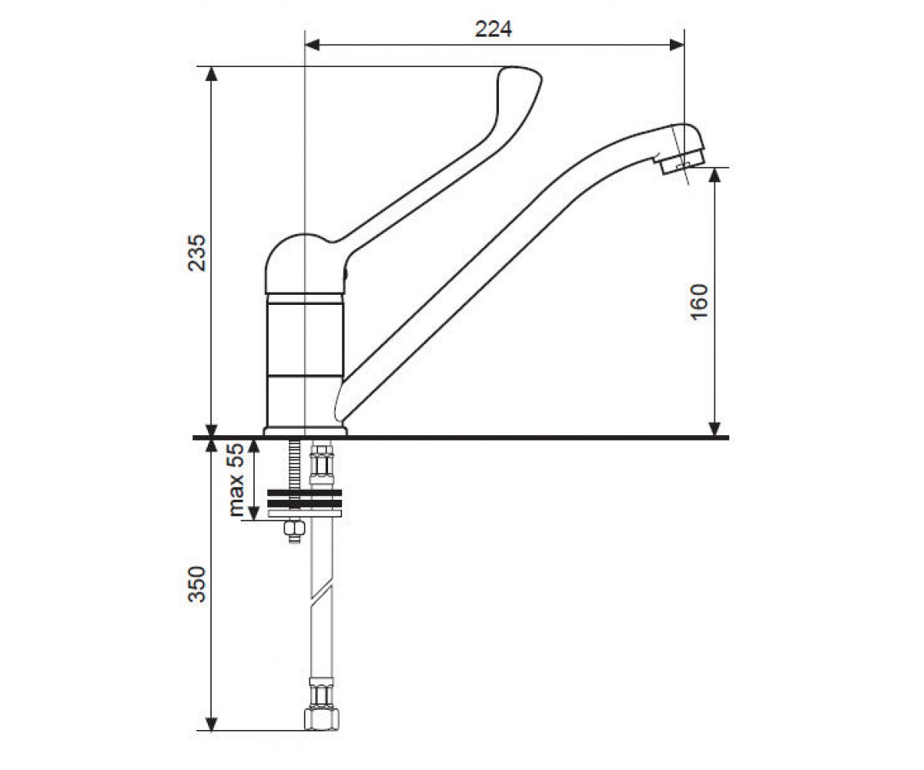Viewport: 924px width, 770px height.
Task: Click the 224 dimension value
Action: [x=494, y=29]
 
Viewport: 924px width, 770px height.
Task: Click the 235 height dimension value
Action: [x=197, y=253]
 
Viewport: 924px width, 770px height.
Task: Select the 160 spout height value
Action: [x=699, y=302]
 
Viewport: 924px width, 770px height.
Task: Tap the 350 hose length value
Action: [x=197, y=584]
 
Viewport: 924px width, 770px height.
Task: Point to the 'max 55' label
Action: [x=236, y=480]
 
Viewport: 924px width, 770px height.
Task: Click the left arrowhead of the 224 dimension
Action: [x=312, y=45]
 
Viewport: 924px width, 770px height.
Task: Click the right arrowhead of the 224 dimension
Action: [x=677, y=45]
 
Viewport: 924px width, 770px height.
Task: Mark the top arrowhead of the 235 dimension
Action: [x=212, y=74]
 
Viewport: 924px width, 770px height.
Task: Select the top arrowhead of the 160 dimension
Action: [x=715, y=175]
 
